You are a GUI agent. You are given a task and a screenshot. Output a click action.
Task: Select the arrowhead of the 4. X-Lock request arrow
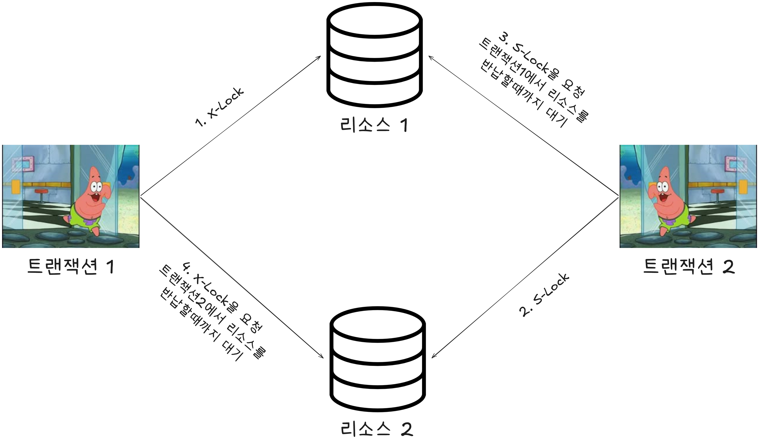click(x=322, y=357)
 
